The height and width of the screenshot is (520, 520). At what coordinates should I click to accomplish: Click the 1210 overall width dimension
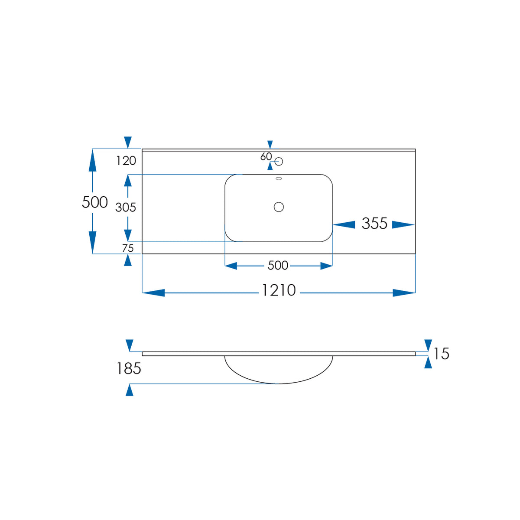point(279,290)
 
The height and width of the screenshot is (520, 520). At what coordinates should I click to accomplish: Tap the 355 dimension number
point(374,224)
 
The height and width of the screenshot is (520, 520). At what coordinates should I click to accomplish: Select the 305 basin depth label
point(126,208)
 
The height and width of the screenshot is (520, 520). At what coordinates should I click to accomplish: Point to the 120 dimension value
point(126,161)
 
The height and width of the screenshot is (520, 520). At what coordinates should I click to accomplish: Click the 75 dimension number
point(128,248)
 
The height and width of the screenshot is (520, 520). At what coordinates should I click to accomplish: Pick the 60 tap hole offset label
point(266,156)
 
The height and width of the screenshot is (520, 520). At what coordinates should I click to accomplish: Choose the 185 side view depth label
point(129,368)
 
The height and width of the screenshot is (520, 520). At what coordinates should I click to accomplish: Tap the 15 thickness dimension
point(441,354)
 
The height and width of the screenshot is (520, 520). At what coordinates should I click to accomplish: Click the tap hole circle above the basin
point(279,162)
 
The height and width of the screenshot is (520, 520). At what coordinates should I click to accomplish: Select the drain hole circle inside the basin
point(279,207)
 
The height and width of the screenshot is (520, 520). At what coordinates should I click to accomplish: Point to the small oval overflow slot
point(279,179)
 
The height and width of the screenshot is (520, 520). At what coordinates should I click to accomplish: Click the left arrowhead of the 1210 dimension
point(153,293)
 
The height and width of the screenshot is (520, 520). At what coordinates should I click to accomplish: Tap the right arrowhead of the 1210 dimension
point(404,293)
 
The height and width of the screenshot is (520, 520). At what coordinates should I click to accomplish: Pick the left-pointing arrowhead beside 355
point(344,224)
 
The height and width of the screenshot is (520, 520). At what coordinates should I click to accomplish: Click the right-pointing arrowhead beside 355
point(403,224)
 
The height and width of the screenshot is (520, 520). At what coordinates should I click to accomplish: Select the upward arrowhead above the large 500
point(93,160)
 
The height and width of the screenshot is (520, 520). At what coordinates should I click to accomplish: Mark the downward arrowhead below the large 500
point(93,242)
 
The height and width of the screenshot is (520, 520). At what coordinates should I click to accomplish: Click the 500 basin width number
point(278,266)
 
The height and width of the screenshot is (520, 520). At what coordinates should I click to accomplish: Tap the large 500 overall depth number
point(95,202)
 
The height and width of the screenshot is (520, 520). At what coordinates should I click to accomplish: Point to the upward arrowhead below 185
point(130,390)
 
